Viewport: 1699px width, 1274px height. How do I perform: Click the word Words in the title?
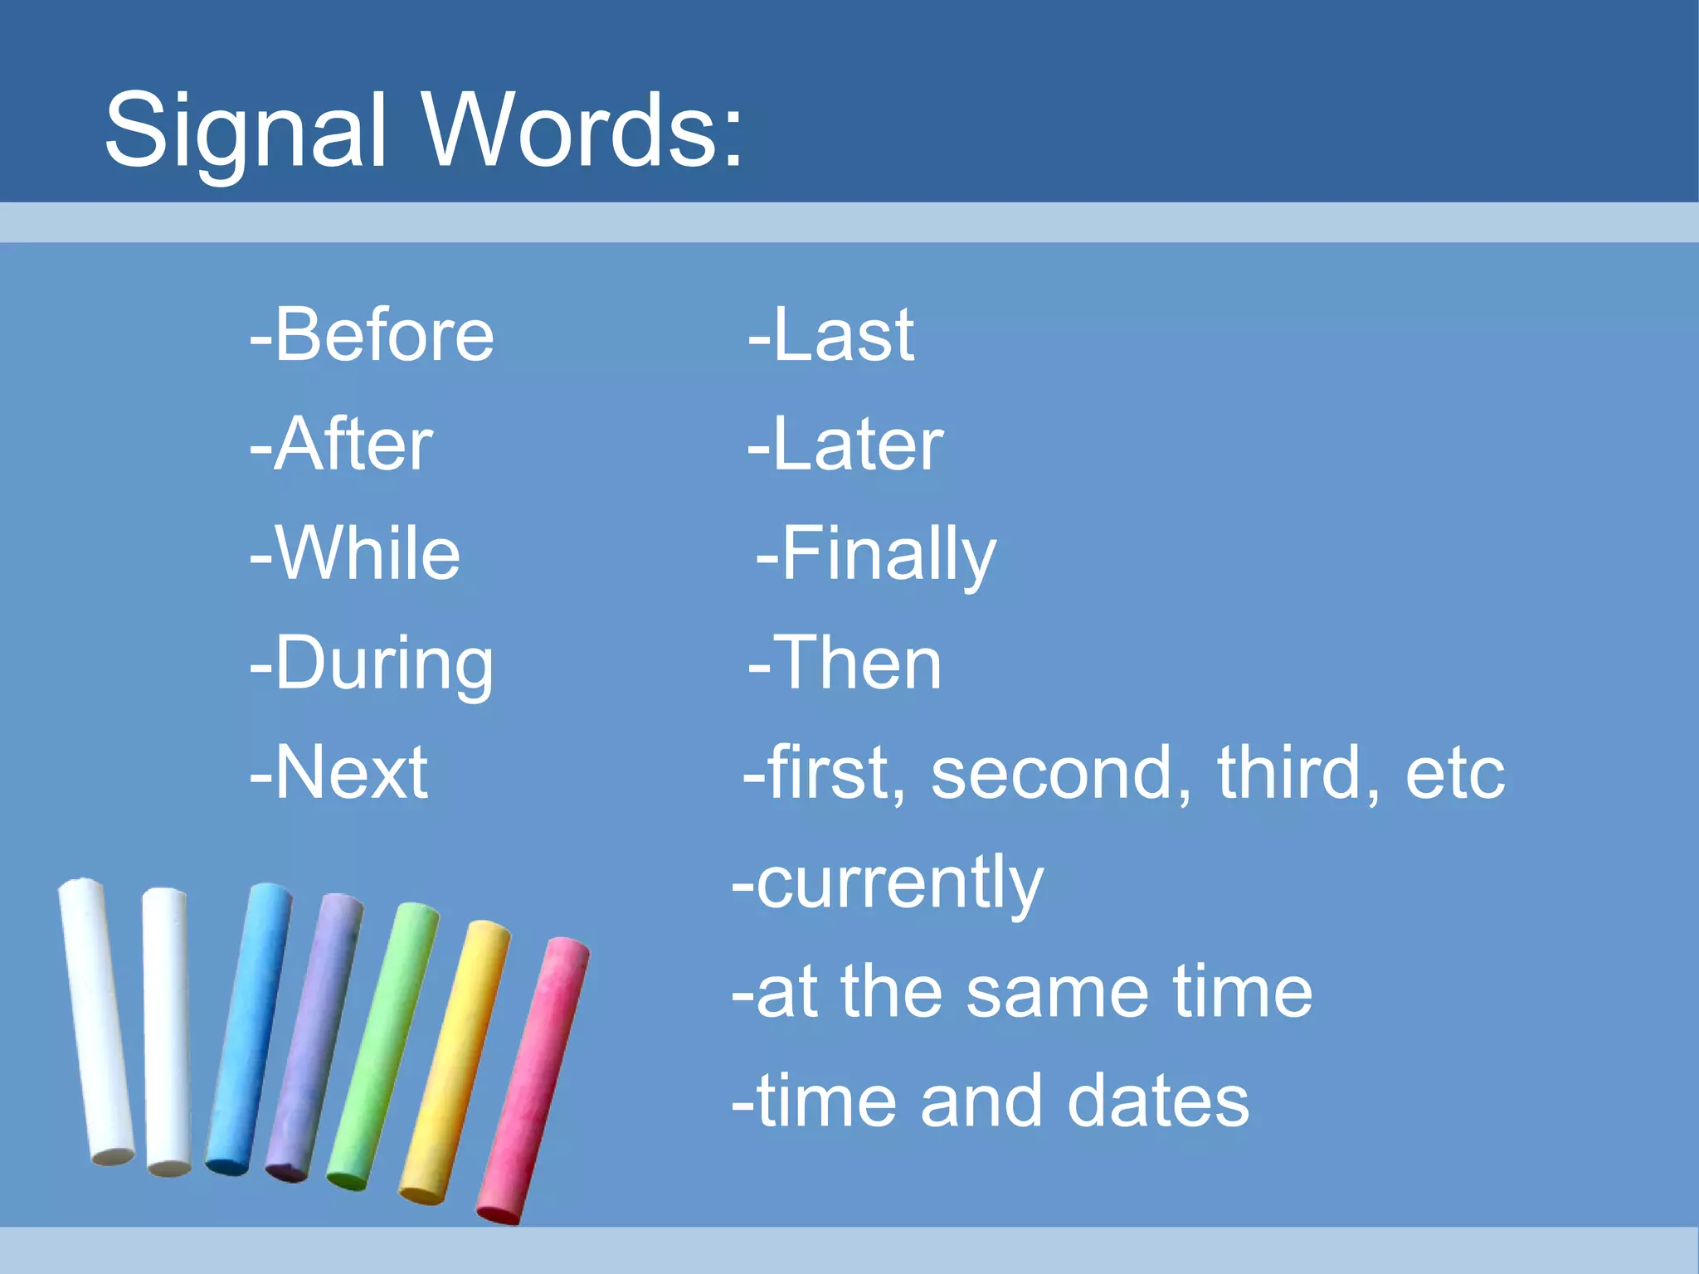581,131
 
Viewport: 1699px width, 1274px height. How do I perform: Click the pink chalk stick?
533,1078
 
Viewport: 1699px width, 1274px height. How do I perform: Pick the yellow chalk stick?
455,1062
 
